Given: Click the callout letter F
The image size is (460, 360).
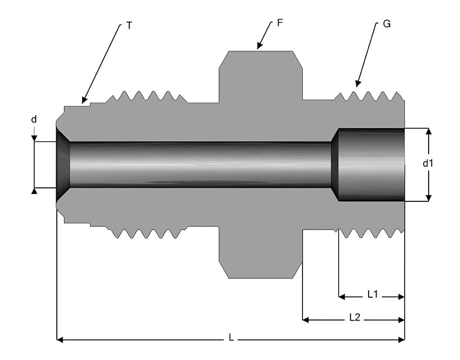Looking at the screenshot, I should click(x=279, y=23).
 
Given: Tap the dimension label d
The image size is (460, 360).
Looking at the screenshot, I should click(x=34, y=119).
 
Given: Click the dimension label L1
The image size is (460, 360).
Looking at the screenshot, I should click(x=372, y=295).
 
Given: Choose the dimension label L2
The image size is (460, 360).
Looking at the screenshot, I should click(x=354, y=318).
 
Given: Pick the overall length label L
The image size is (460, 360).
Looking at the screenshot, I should click(x=231, y=338).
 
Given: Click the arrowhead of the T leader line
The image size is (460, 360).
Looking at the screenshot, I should click(x=83, y=101).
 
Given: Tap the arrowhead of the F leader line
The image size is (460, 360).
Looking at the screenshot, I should click(x=259, y=47).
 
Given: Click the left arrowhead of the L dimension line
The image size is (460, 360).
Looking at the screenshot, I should click(x=60, y=340).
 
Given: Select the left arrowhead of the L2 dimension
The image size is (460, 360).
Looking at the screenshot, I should click(x=305, y=320).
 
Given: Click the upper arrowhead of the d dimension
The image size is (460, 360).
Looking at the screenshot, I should click(x=34, y=139).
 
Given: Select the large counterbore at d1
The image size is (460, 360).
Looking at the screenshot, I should click(x=371, y=165).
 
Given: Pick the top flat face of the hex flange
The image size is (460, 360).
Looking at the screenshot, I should click(x=260, y=52).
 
